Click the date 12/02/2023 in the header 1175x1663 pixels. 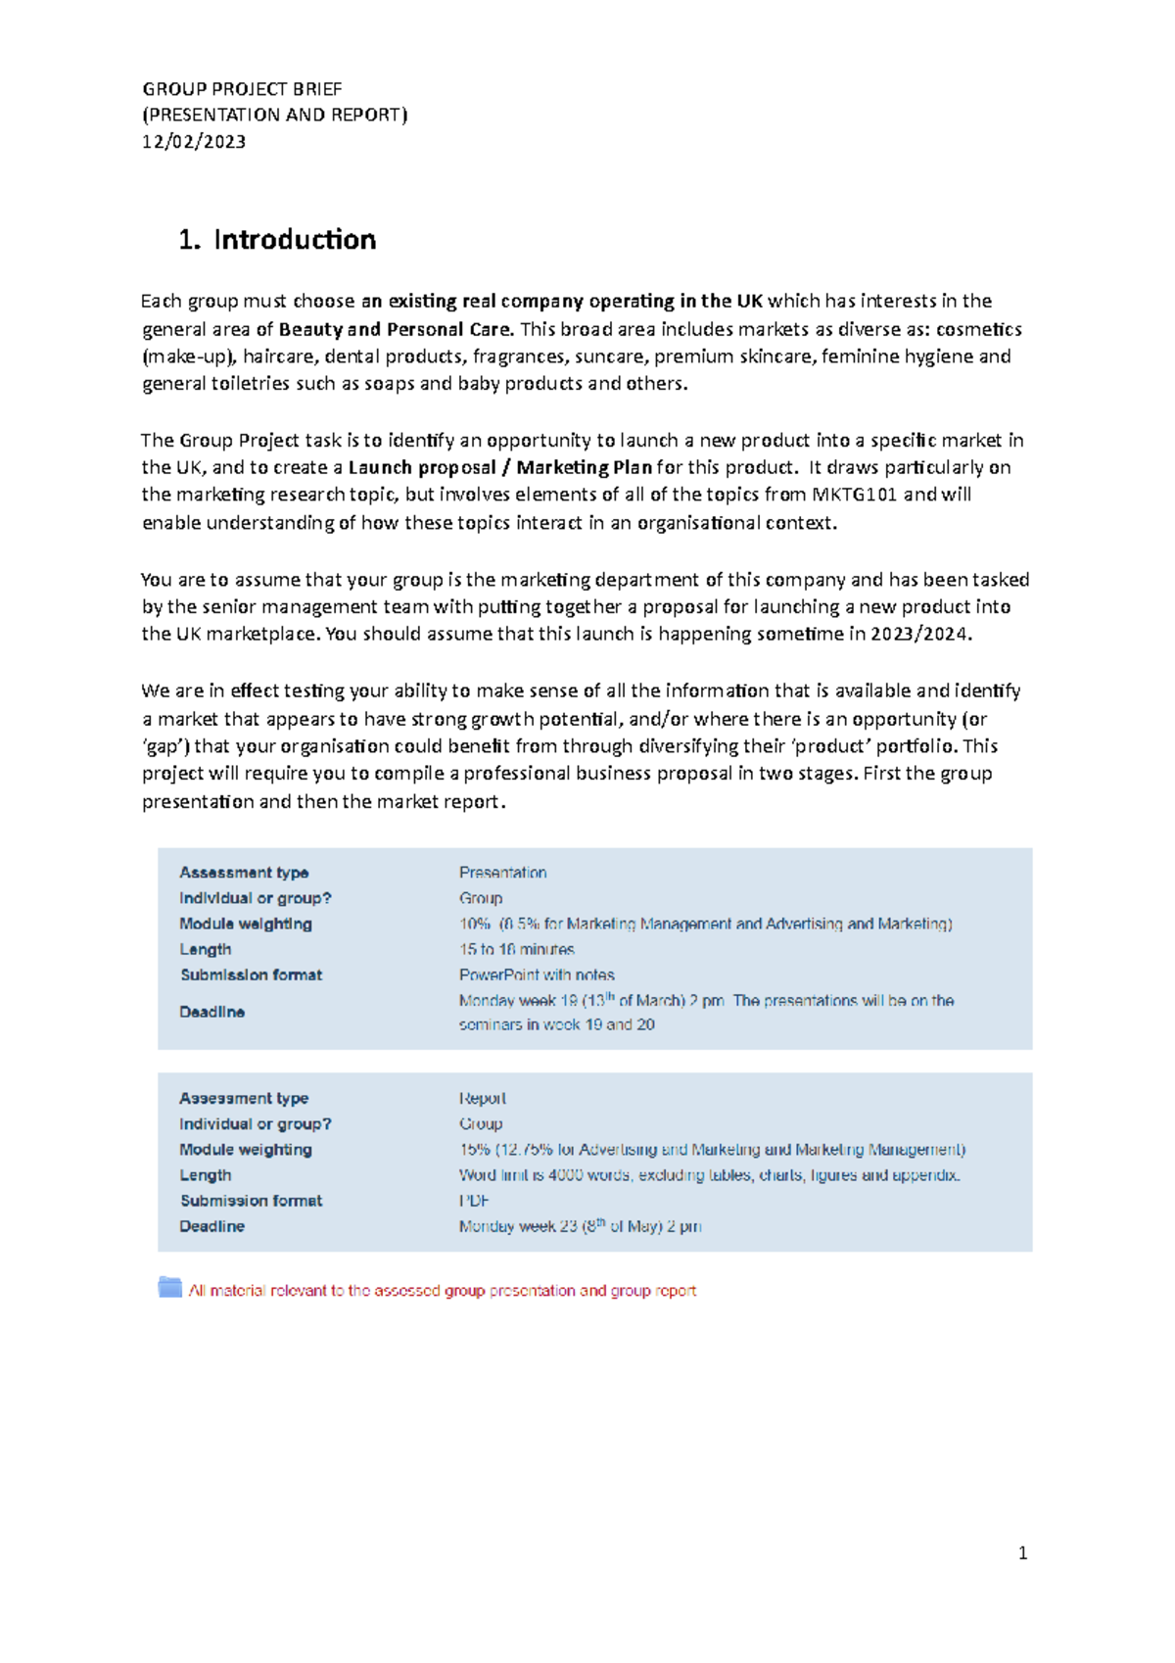[x=194, y=142]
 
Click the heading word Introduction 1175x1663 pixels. [x=295, y=240]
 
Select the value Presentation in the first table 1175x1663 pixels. [x=502, y=873]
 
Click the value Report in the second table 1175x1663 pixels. [x=482, y=1099]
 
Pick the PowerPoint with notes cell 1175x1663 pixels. [x=537, y=975]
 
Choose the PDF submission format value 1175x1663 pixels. [x=473, y=1201]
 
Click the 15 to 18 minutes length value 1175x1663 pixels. [x=516, y=950]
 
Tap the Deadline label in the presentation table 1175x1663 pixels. [x=211, y=1012]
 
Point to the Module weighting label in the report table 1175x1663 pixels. [x=245, y=1150]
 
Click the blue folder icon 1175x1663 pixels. [x=170, y=1288]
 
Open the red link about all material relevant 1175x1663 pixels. [x=442, y=1292]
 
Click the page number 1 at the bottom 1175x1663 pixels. [x=1022, y=1553]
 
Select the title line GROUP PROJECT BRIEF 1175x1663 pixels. [x=242, y=89]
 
